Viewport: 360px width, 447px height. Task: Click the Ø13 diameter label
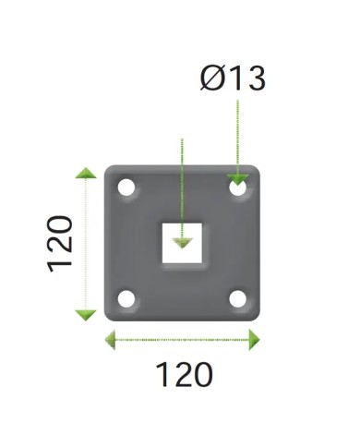click(x=233, y=79)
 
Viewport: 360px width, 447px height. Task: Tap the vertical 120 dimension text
click(x=60, y=245)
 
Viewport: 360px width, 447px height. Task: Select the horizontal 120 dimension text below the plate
click(x=185, y=375)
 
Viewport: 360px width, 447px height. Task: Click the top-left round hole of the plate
click(x=126, y=187)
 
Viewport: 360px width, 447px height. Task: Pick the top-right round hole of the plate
click(x=238, y=187)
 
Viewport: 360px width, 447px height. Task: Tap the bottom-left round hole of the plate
click(x=126, y=299)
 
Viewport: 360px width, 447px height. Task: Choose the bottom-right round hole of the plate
click(x=238, y=299)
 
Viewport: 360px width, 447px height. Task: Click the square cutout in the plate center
click(x=182, y=243)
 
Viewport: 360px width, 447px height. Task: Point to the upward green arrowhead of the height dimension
click(x=86, y=173)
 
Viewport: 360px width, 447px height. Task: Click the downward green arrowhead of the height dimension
click(x=86, y=316)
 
